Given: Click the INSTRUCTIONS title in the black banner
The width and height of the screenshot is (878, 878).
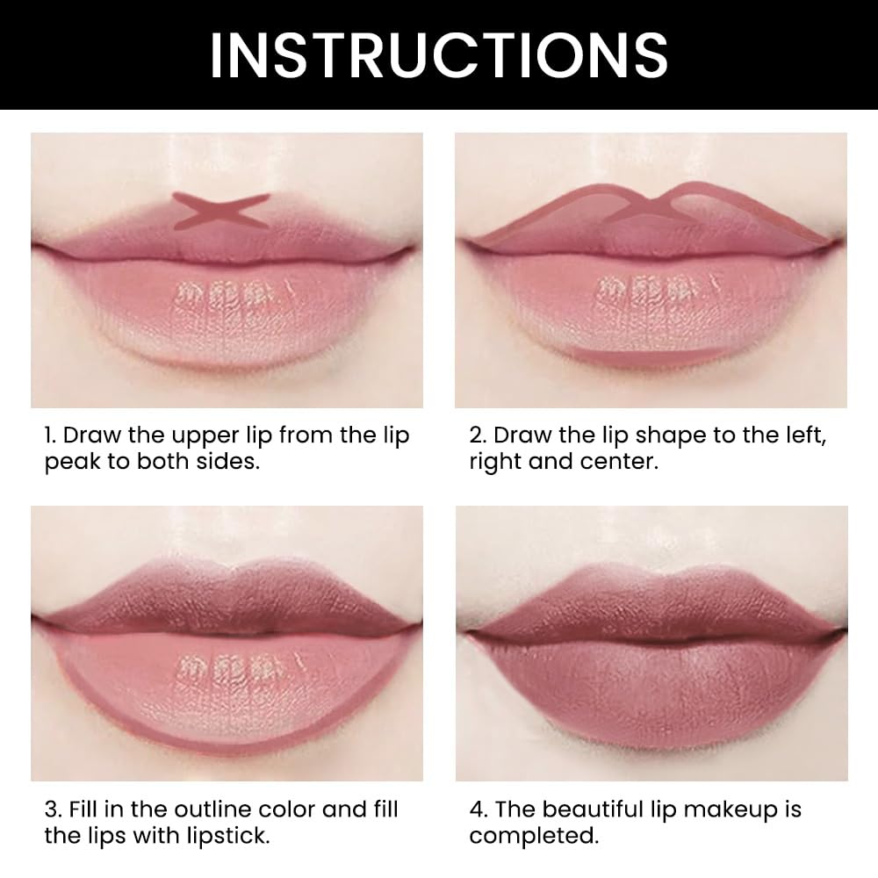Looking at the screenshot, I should [x=438, y=54].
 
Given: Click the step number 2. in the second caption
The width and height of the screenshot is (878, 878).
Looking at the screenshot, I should [x=478, y=436].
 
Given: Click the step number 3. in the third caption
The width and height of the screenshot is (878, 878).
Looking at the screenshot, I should [x=53, y=810].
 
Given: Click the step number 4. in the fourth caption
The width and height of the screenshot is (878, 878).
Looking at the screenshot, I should [x=478, y=810].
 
